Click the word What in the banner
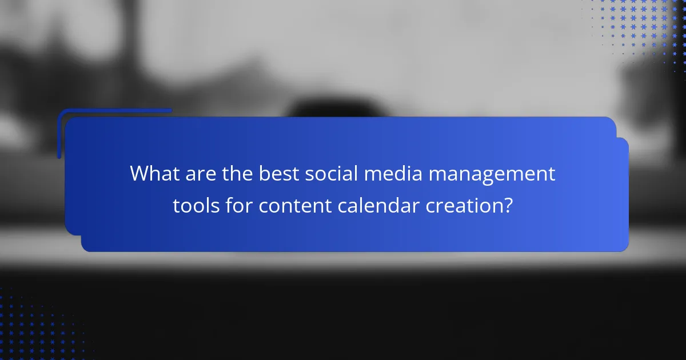[x=153, y=174]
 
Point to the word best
[x=278, y=174]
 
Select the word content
[x=294, y=206]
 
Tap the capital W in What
[x=139, y=174]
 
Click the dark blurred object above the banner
[x=320, y=109]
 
